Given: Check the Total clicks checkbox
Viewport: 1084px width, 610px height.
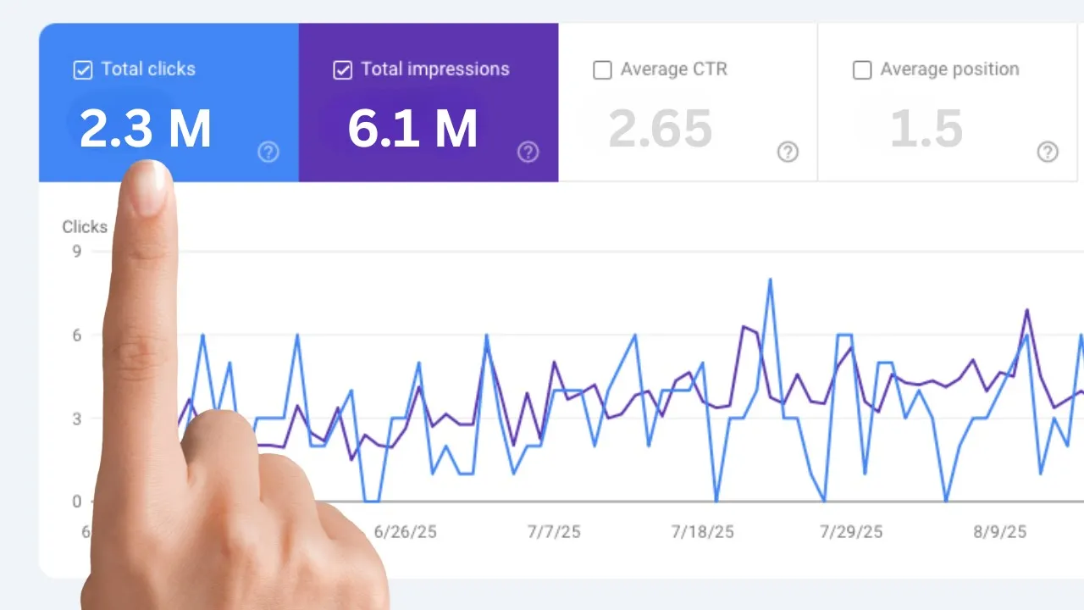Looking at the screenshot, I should tap(82, 70).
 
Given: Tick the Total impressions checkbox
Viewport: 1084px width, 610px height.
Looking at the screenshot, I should tap(342, 70).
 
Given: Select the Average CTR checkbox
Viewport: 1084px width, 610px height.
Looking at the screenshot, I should tap(602, 70).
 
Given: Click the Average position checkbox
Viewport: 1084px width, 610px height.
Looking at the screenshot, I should tap(862, 70).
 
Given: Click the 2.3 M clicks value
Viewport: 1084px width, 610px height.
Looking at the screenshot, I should tap(145, 130).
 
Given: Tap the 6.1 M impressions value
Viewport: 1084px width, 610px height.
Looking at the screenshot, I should tap(412, 130).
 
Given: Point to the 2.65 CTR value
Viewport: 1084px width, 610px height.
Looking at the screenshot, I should tap(660, 130).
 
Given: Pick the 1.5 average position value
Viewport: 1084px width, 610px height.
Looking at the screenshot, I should tap(926, 130).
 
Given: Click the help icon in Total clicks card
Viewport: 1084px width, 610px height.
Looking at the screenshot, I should tap(268, 152).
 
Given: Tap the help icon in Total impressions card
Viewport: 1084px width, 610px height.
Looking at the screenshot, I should tap(528, 152).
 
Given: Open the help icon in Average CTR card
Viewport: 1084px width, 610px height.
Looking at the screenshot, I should tap(788, 152).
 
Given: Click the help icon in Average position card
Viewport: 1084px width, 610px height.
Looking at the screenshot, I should tap(1048, 152).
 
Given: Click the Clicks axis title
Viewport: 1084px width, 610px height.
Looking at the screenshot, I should tap(85, 227).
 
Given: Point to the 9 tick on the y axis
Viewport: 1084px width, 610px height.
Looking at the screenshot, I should tap(76, 252).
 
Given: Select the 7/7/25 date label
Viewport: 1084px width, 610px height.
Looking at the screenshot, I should tap(554, 532).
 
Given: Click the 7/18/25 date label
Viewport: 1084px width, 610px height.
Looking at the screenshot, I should tap(702, 532).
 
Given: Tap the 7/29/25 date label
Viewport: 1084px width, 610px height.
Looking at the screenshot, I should tap(851, 532).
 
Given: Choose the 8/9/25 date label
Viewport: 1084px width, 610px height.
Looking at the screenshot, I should tap(999, 532).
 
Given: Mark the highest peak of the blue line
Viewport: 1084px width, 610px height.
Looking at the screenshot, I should tap(770, 280).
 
